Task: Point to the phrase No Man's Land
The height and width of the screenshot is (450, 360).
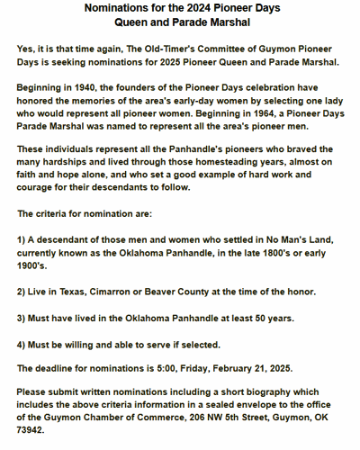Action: [299, 238]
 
